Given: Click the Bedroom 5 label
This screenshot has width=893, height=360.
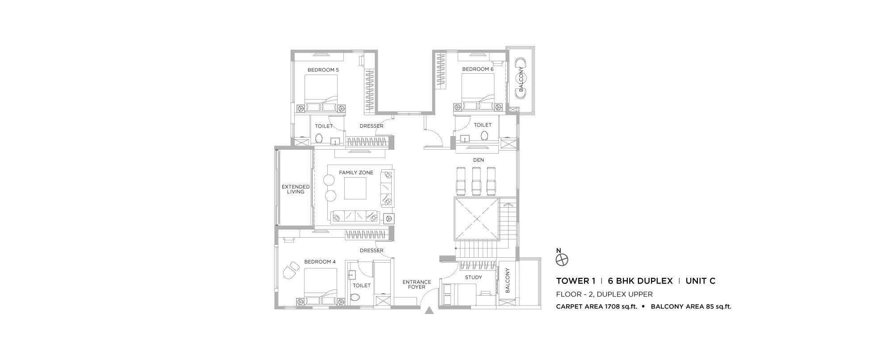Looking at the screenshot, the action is coord(323,70).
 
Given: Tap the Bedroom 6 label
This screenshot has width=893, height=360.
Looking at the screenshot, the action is coord(478,69).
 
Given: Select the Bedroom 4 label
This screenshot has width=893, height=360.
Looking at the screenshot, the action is coord(320,262).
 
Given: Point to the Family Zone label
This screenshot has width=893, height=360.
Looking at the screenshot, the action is coord(356,173).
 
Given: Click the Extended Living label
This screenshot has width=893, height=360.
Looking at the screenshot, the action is coord(296,189).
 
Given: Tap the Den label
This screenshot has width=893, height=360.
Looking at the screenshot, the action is coord(478,160).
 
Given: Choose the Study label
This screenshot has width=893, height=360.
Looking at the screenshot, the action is coord(473,277).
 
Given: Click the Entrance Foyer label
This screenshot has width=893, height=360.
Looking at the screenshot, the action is coord(417,285).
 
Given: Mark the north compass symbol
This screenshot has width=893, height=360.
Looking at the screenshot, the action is coord(562,260).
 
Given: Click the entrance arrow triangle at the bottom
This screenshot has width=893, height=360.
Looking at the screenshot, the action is coord(429,311).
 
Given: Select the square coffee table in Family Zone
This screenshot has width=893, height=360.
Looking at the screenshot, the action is coord(355,188).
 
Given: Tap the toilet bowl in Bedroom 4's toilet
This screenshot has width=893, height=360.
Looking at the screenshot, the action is coord(355,297).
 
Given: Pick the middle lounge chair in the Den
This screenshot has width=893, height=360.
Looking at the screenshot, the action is coord(477,180).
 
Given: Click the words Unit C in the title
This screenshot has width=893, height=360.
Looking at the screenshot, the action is coord(701,281).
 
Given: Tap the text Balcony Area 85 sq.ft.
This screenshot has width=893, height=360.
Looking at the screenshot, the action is coord(691,307).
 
